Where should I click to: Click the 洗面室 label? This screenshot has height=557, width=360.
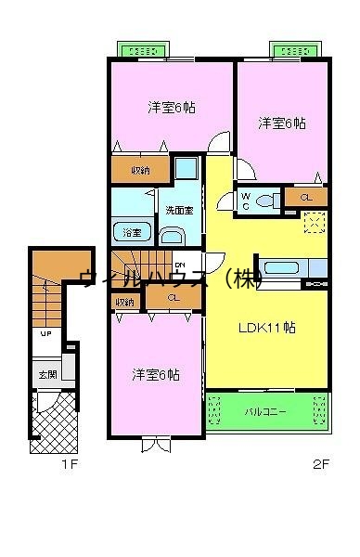179,210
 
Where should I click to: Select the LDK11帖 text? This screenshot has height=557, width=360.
266,327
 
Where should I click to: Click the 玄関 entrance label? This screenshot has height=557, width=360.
46,375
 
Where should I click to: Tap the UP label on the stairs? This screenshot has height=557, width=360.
45,335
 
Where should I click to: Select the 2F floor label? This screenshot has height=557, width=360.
320,463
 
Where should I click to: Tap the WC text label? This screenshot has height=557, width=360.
245,200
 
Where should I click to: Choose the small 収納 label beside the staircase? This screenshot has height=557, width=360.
124,302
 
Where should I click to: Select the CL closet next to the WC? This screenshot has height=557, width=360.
305,198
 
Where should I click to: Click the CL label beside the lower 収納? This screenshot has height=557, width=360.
174,298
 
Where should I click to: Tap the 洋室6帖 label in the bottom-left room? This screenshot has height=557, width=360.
155,374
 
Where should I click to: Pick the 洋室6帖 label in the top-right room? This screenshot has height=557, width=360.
281,123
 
